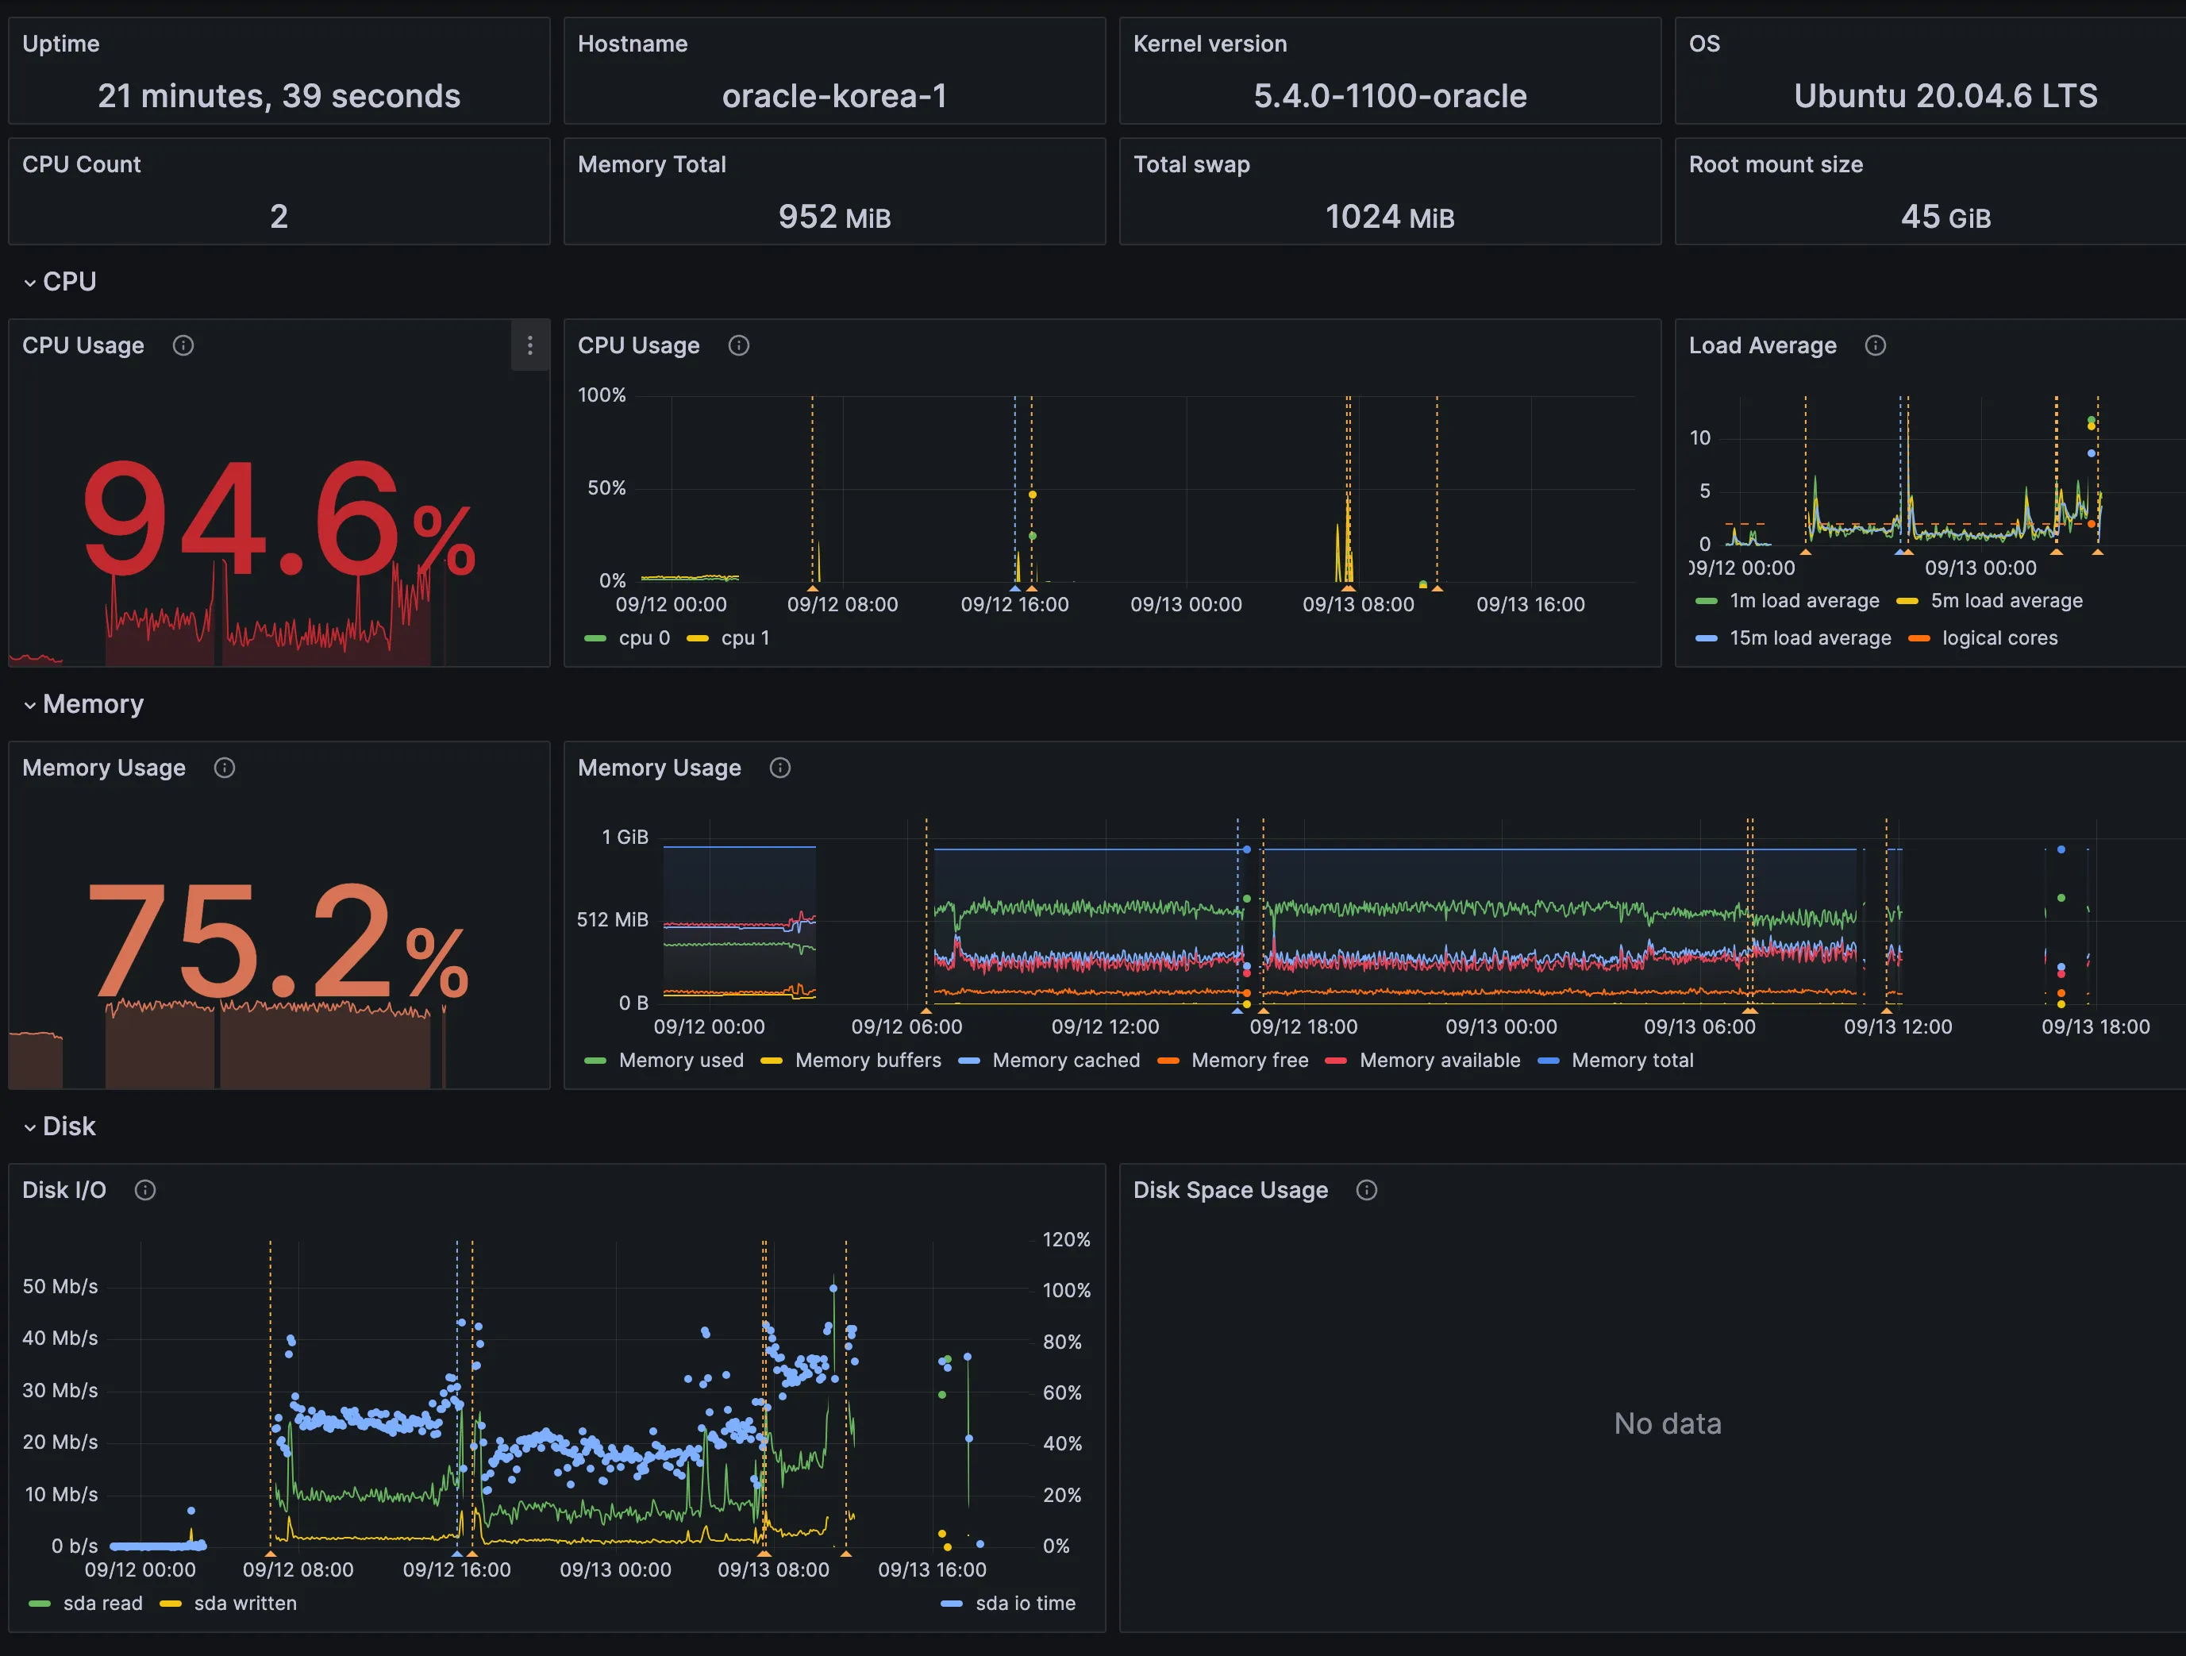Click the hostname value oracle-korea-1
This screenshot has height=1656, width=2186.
click(834, 96)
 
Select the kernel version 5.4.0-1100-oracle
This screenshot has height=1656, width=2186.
click(1390, 96)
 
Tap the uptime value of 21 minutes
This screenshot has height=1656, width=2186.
click(279, 96)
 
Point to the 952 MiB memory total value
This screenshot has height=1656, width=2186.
click(834, 217)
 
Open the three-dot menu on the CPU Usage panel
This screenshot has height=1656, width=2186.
click(529, 345)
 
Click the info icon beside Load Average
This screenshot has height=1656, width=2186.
click(1875, 345)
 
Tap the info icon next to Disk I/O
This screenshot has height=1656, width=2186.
click(145, 1190)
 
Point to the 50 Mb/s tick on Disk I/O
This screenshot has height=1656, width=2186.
click(60, 1286)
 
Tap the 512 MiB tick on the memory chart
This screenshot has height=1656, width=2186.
click(612, 919)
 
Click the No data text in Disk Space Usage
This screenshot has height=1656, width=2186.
click(1667, 1423)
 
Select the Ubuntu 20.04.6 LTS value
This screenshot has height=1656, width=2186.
click(1945, 96)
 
